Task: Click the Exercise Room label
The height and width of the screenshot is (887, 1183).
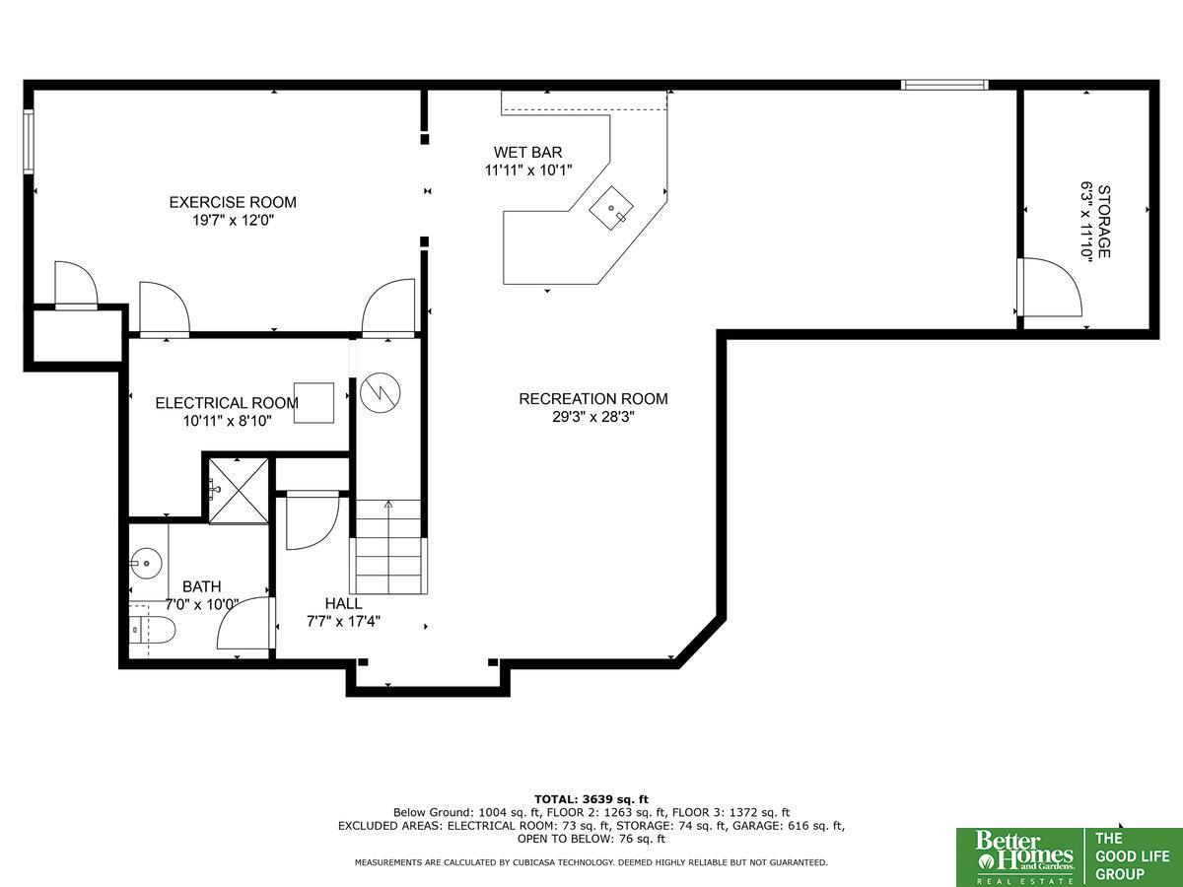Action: click(233, 202)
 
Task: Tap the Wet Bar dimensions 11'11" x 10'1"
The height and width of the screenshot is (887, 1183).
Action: click(528, 171)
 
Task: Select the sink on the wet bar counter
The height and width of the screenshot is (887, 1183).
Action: click(611, 208)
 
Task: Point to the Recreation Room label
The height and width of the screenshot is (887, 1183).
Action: click(593, 399)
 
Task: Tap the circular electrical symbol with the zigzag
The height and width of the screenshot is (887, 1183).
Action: click(380, 392)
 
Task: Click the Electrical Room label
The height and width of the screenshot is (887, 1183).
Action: click(227, 403)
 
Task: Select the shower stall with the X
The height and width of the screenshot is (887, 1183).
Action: click(239, 491)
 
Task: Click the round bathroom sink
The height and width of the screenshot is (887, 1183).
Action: click(146, 564)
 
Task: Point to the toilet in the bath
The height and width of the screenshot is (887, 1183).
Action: click(153, 630)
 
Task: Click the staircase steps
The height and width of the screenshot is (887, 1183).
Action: click(388, 547)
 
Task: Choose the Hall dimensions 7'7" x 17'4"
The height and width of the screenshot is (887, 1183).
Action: click(344, 622)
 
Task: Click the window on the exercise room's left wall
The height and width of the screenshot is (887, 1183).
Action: click(29, 141)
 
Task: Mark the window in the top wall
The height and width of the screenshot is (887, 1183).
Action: click(944, 85)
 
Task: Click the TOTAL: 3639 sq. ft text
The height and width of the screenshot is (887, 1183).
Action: click(591, 799)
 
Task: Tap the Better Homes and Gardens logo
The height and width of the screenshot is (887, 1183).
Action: click(1023, 857)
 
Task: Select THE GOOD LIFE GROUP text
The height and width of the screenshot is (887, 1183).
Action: click(1132, 856)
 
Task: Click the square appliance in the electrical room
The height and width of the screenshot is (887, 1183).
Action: click(313, 403)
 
